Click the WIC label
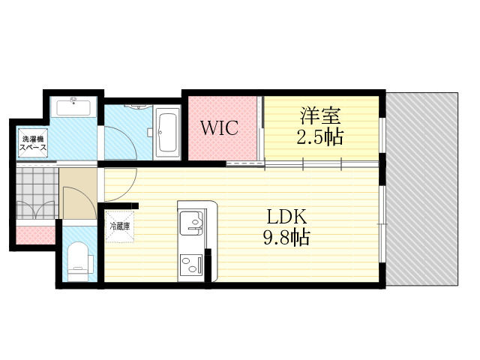218,127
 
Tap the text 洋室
320,116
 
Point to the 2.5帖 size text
320,138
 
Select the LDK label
286,217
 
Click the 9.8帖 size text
286,239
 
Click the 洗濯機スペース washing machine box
34,142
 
